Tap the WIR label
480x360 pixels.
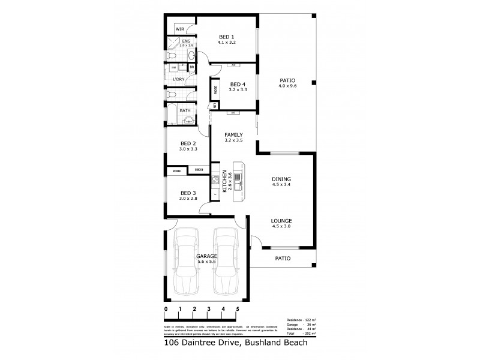click(180, 29)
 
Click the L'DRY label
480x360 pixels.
click(178, 79)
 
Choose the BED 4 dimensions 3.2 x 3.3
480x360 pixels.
click(238, 89)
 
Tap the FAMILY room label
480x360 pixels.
click(233, 134)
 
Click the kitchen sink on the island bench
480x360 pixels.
click(238, 176)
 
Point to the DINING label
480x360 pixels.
click(281, 179)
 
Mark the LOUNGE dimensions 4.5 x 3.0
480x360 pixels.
click(281, 226)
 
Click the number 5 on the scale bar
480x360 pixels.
click(238, 308)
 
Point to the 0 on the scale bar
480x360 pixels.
click(166, 308)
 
